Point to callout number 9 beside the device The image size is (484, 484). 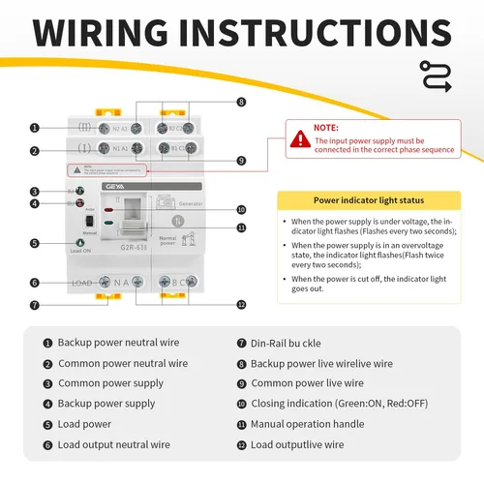pos(241,161)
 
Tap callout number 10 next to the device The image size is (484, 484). pos(241,209)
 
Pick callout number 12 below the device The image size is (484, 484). pos(241,304)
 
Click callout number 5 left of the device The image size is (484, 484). pos(35,243)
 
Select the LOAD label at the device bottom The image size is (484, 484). pos(84,282)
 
